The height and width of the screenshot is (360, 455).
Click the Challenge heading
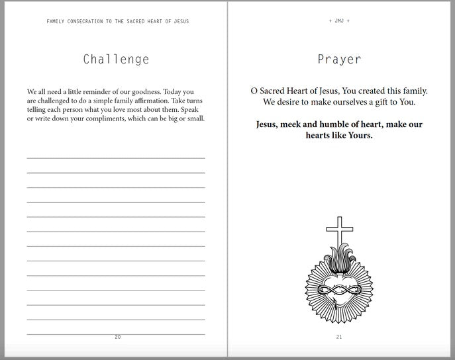tap(116, 60)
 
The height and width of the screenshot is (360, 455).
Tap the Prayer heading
tap(339, 60)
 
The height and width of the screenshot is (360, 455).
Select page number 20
tap(118, 337)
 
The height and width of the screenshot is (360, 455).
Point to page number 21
tap(339, 337)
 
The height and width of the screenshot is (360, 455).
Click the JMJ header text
tap(339, 21)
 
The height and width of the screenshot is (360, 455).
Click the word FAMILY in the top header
tap(56, 21)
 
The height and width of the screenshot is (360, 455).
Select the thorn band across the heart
tap(339, 289)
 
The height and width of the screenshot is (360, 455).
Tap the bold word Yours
tap(358, 136)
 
